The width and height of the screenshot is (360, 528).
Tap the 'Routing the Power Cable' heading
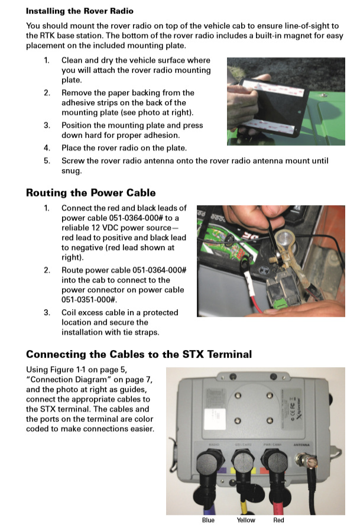(90, 192)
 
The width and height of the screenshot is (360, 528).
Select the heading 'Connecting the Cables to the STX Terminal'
(138, 355)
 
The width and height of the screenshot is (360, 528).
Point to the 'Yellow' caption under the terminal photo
(245, 520)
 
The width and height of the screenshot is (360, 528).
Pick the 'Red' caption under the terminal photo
(278, 520)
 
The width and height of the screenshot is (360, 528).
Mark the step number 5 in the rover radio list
(47, 161)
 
